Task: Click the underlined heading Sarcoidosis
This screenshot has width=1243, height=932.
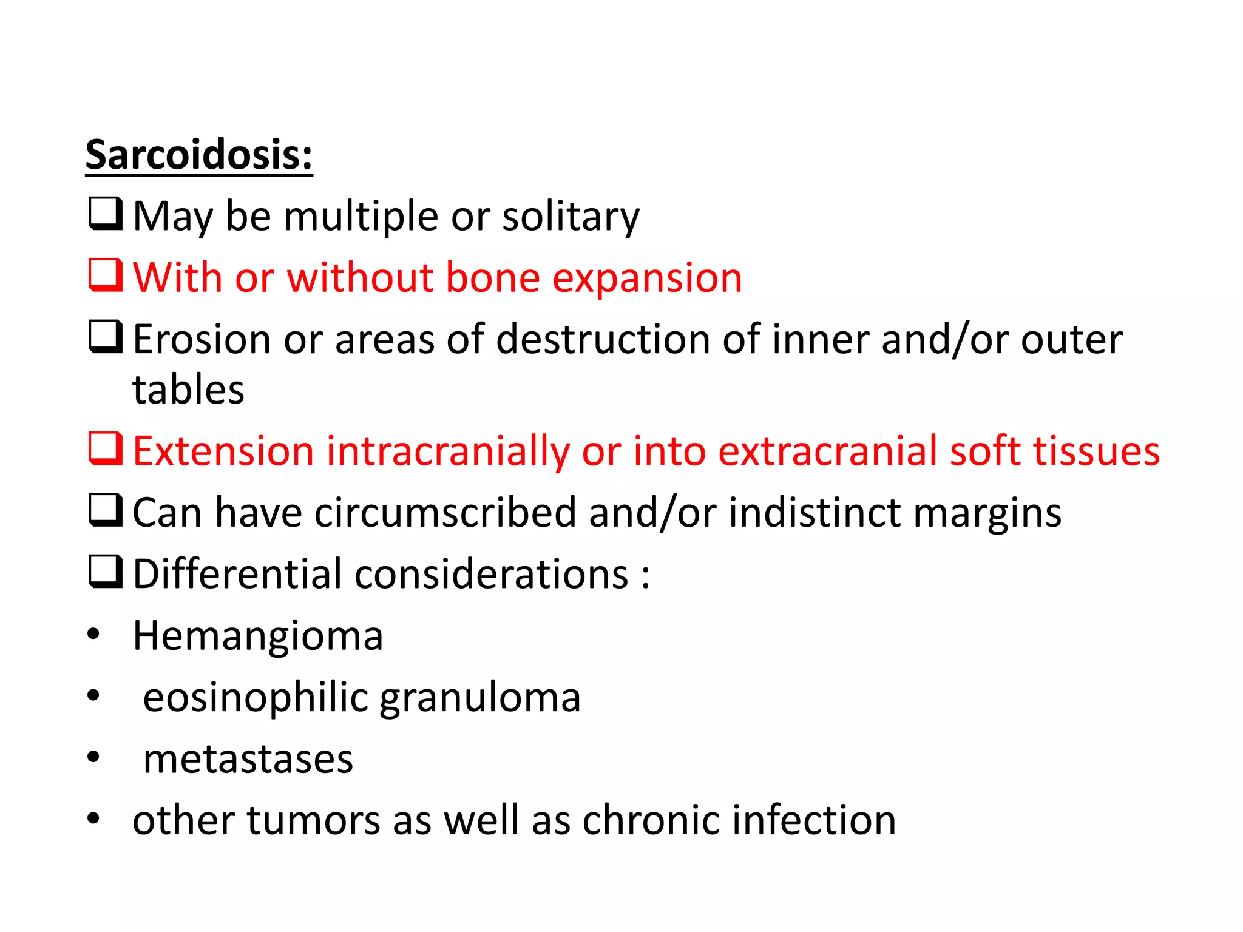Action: click(198, 155)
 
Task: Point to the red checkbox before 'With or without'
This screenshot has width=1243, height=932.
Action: click(106, 275)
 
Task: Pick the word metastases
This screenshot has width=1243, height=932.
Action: click(248, 759)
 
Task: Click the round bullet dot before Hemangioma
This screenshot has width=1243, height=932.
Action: click(93, 635)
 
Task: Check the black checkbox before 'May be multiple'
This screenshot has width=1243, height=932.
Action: click(106, 214)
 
